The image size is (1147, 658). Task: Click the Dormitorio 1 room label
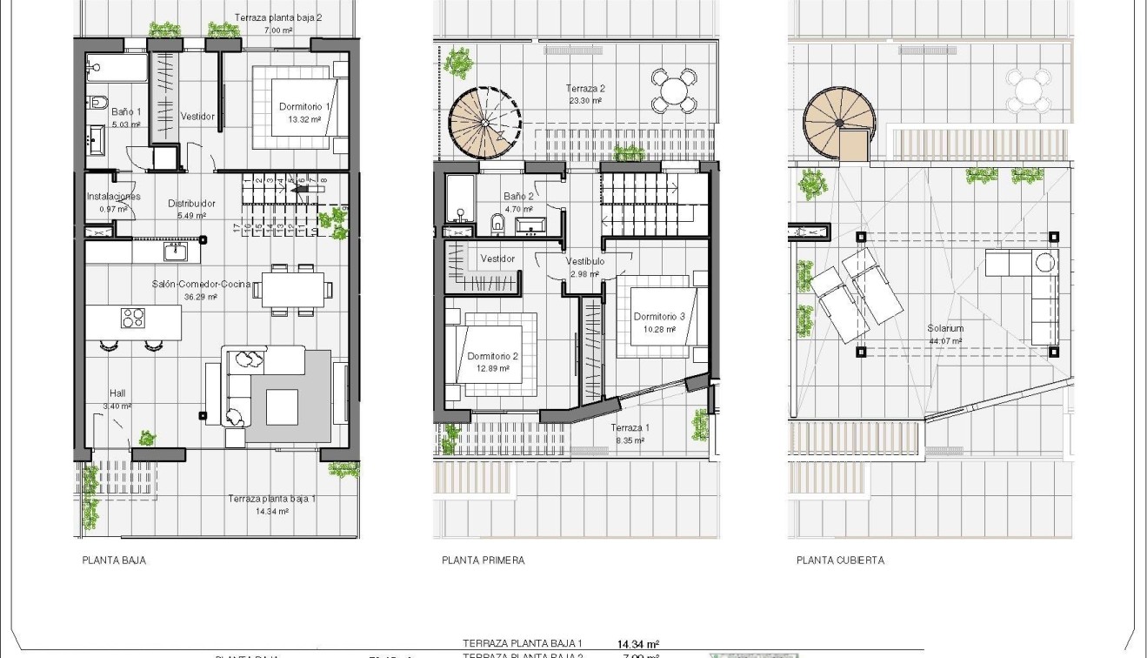pos(299,107)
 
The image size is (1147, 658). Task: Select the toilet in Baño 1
pos(97,103)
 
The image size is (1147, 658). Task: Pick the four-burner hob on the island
pos(133,318)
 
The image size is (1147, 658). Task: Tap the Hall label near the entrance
pos(117,393)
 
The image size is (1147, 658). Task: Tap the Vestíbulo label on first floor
pos(584,261)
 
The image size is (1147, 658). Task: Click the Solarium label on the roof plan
pos(944,328)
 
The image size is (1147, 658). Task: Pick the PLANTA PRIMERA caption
pos(483,561)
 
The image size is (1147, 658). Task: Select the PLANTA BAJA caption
pos(114,561)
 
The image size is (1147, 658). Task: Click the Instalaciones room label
pos(113,197)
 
